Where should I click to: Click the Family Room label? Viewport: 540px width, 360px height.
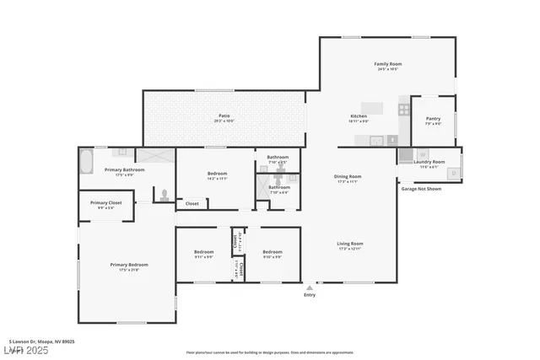387,64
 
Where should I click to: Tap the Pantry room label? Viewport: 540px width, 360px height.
433,120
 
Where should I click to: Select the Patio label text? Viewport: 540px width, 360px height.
224,116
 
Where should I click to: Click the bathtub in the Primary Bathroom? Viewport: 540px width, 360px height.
87,160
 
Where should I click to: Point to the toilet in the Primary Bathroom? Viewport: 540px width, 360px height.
164,195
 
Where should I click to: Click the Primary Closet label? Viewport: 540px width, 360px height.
106,203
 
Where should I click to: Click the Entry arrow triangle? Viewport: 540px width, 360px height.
310,287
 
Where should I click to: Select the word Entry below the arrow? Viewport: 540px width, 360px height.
310,295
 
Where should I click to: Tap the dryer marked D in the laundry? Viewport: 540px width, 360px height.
454,173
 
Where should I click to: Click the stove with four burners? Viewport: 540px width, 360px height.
404,109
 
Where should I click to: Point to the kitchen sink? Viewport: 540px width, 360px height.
379,141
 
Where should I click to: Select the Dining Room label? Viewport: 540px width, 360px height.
348,176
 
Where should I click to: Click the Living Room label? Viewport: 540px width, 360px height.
349,244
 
